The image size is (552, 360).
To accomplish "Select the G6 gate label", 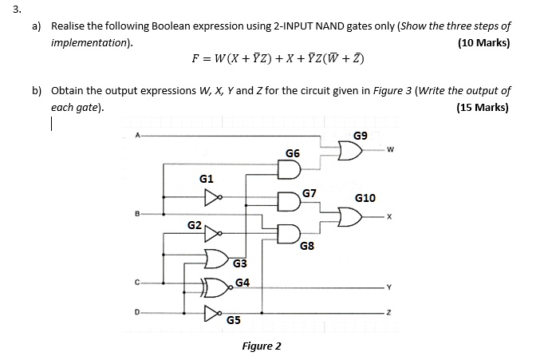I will click(x=293, y=153).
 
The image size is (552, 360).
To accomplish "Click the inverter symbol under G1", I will click(x=211, y=196).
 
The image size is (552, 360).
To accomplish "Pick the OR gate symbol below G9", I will click(x=348, y=150).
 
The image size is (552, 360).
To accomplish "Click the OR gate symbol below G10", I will click(x=349, y=216).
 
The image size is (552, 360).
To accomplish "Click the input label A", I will click(x=137, y=136).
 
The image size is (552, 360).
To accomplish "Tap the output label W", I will click(x=391, y=148).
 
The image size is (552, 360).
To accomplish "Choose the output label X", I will click(x=389, y=216).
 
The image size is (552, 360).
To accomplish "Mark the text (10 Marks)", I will click(x=483, y=42).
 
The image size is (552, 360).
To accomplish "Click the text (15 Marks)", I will click(x=482, y=108).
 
